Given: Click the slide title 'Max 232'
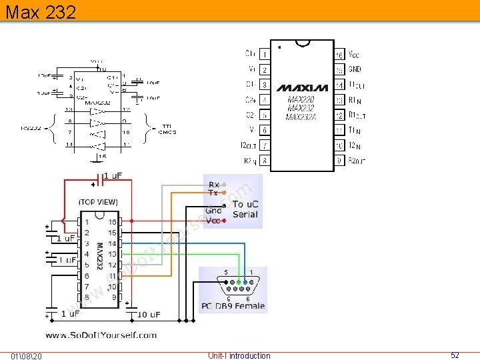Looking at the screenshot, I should coord(40,11).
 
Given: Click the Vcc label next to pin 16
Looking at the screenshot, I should coord(354,54).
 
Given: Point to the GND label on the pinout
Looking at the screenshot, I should coord(355,69).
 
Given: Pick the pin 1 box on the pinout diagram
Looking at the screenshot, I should coord(265,54).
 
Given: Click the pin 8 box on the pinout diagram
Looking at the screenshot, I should coord(265,160).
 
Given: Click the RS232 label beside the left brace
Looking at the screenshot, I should coord(30,128).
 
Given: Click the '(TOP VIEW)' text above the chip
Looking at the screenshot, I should coord(98,202).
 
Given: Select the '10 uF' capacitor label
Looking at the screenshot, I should coord(149,314).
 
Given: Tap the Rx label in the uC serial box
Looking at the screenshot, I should coord(214,185).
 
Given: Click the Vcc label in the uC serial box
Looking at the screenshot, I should coord(213,220).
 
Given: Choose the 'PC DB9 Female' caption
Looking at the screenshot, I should coord(233,307).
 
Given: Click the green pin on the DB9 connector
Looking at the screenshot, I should coord(239,281).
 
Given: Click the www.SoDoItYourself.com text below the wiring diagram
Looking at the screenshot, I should coord(101,335).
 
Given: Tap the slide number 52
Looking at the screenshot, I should coord(455,355).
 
